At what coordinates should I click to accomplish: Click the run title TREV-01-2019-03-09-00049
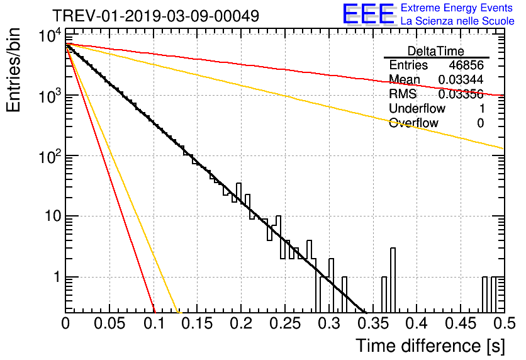point(155,16)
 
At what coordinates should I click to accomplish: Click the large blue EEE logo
point(368,14)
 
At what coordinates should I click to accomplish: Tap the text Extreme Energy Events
point(457,8)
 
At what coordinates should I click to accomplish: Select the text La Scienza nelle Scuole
point(457,21)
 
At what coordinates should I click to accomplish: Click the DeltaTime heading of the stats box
point(435,50)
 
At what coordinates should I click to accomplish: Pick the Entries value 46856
point(466,65)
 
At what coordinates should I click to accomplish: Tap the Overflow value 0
point(480,123)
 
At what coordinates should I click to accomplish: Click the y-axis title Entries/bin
point(14,70)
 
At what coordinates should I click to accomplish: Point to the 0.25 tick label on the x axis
point(284,324)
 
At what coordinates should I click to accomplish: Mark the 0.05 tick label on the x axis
point(109,324)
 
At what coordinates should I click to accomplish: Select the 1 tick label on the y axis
point(55,277)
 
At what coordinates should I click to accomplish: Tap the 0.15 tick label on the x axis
point(197,324)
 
